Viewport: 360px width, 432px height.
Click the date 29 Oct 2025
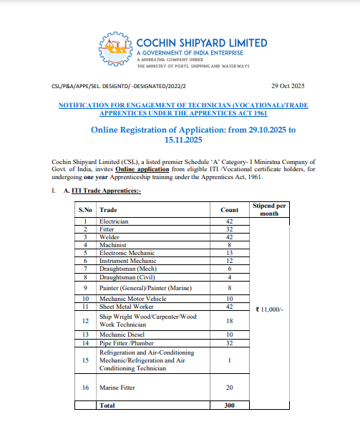click(x=288, y=86)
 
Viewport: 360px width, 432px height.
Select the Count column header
click(x=230, y=209)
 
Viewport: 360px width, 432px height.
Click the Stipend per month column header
click(x=269, y=209)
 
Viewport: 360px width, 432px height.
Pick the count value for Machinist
click(x=230, y=244)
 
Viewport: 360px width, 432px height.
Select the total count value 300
click(x=230, y=405)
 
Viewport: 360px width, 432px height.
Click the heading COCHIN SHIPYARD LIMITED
click(x=201, y=42)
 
